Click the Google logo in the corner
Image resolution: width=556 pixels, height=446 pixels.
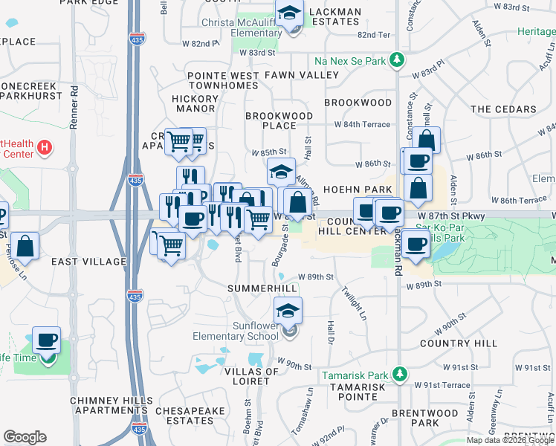25,437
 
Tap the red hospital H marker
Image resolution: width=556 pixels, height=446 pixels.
45,148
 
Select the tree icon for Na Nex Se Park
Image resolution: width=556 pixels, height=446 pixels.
398,59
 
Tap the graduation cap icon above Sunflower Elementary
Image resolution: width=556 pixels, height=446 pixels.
288,311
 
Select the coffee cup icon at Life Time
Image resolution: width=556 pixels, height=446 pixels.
46,340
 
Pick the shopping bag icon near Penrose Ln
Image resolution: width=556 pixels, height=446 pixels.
25,248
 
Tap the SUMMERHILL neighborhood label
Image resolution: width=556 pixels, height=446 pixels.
262,288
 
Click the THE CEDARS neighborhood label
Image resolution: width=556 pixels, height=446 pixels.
503,109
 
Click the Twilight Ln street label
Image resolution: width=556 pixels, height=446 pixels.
353,304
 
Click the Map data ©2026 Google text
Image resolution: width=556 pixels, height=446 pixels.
510,440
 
